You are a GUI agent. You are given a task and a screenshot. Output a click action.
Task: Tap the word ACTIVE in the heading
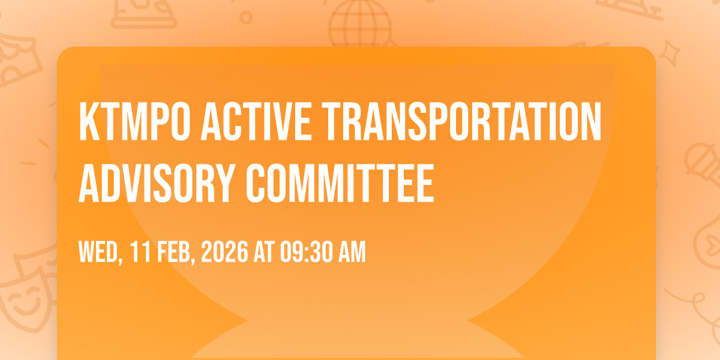(256, 121)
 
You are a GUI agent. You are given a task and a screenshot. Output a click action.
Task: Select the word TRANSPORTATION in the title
(461, 121)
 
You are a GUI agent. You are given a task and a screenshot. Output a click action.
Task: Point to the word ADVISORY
(157, 183)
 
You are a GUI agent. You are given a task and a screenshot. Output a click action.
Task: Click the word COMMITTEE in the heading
(340, 183)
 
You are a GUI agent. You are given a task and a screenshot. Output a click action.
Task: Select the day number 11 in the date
(140, 251)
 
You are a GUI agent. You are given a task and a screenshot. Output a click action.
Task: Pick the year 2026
(224, 251)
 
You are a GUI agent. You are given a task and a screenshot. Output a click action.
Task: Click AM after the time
(353, 251)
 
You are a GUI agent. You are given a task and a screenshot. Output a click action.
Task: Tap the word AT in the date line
(264, 251)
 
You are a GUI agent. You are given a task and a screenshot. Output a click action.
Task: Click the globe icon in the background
(361, 24)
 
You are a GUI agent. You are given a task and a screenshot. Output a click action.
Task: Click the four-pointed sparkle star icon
(669, 53)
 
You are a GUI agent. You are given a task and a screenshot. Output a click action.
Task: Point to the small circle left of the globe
(246, 17)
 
